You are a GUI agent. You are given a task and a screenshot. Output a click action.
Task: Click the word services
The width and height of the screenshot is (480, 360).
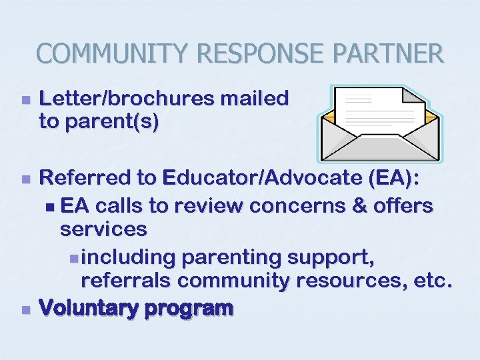pyautogui.click(x=103, y=229)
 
